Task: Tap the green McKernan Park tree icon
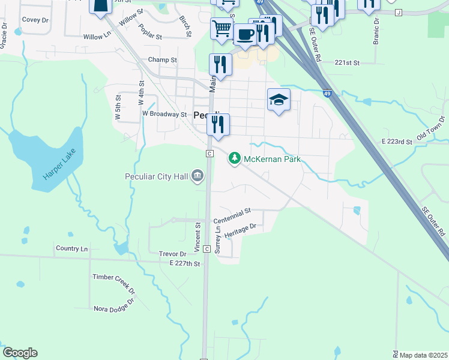click(234, 158)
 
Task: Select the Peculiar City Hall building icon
click(198, 176)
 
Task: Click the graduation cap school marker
click(279, 100)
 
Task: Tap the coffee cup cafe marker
click(244, 35)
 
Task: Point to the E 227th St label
click(184, 263)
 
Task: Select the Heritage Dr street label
click(240, 230)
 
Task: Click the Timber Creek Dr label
click(114, 285)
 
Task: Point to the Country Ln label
click(71, 248)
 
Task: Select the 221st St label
click(347, 62)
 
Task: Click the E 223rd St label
click(397, 142)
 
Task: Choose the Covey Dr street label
click(35, 20)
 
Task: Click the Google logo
click(20, 353)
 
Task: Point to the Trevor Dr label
click(172, 254)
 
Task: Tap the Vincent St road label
click(197, 237)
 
